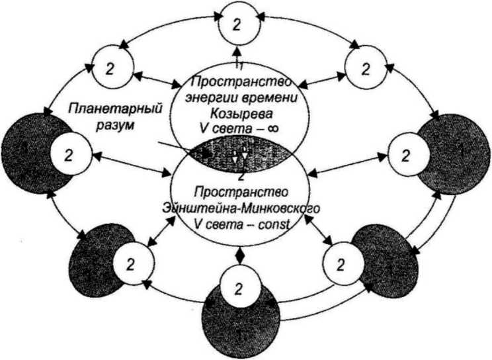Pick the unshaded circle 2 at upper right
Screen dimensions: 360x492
pyautogui.click(x=365, y=67)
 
